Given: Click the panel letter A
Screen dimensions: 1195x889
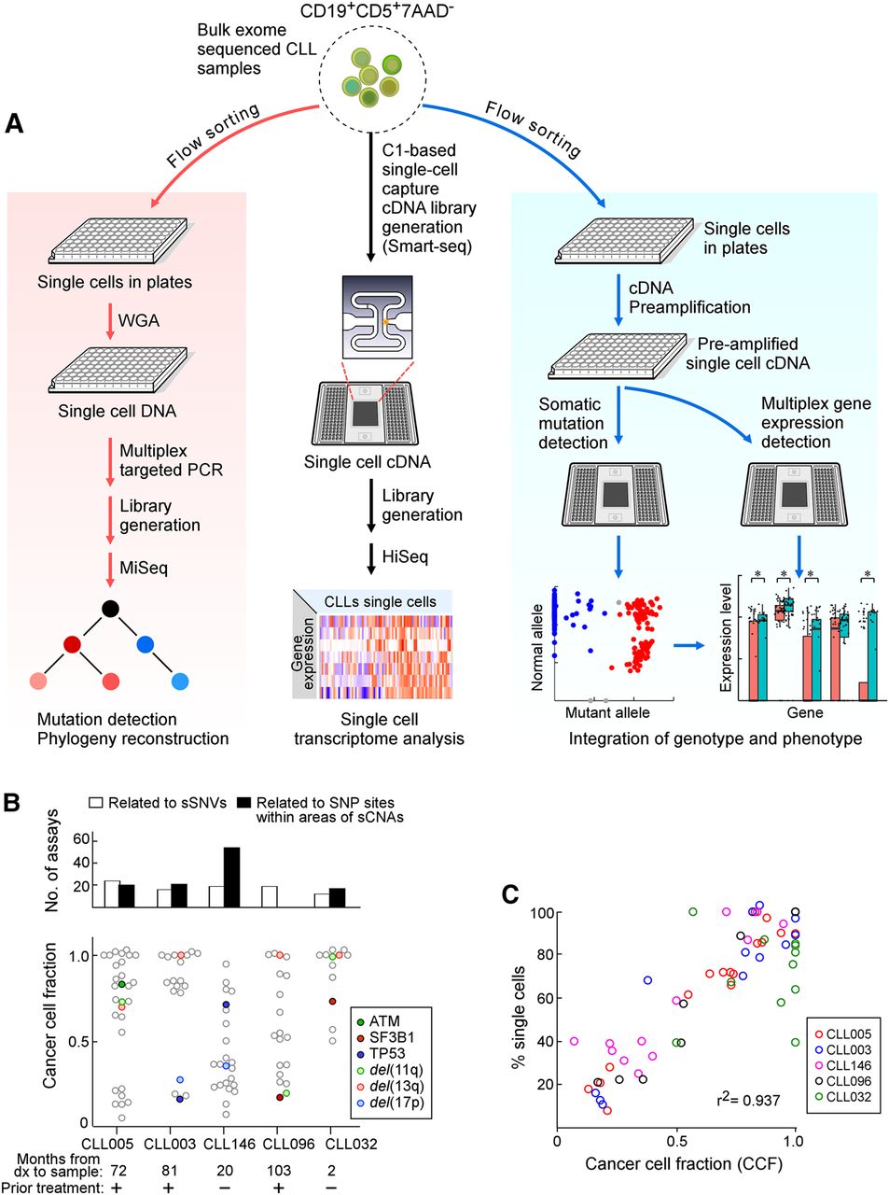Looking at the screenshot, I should (14, 122).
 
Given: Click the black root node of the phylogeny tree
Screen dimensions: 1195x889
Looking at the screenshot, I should (111, 610).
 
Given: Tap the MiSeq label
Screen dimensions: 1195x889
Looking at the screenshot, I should (144, 568).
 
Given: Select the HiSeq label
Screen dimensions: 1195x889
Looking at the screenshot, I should (405, 557).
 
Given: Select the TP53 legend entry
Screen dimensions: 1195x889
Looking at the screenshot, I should (385, 1053).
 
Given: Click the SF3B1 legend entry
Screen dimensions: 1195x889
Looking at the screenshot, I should (391, 1037).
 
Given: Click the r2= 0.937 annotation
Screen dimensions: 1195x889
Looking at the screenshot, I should (748, 1100).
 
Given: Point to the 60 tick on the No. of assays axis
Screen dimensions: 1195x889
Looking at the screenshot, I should (81, 839).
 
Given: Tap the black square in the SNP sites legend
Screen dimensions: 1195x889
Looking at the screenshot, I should (244, 803).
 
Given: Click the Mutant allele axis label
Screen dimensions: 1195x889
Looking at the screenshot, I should (607, 713).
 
